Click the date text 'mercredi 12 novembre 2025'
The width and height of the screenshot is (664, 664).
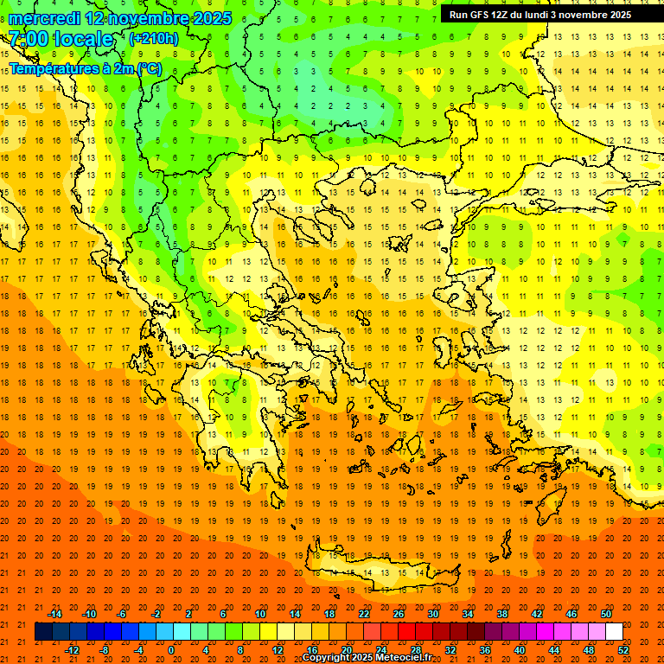tap(120, 18)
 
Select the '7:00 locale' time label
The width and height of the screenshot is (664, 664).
tap(61, 39)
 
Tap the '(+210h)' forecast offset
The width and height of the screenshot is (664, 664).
tap(153, 39)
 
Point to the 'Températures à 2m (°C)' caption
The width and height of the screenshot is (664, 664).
tap(85, 68)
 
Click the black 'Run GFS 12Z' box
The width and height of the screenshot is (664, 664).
tap(540, 15)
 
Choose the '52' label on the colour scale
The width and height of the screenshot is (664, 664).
tap(623, 650)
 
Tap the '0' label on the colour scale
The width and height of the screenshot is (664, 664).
tap(171, 650)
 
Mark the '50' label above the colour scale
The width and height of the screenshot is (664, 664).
tap(606, 614)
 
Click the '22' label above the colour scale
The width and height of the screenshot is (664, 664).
tap(364, 614)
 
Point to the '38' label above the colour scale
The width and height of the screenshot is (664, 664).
tap(502, 614)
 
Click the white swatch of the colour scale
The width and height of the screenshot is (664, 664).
tap(614, 632)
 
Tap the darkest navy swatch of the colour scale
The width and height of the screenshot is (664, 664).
tap(43, 632)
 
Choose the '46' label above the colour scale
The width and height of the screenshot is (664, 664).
tap(571, 614)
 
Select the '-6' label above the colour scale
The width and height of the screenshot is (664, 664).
tap(122, 614)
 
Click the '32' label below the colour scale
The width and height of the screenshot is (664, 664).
tap(450, 650)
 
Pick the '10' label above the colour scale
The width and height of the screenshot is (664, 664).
tap(260, 614)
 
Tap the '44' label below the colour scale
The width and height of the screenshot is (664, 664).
tap(554, 650)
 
